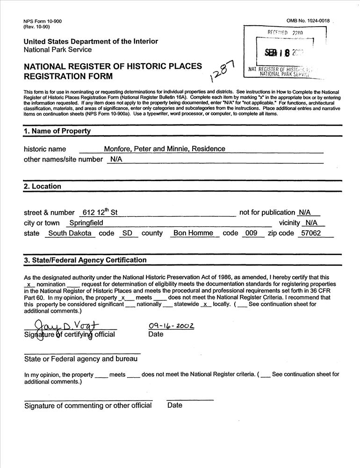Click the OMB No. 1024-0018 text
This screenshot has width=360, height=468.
click(x=308, y=21)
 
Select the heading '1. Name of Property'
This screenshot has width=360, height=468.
click(x=57, y=131)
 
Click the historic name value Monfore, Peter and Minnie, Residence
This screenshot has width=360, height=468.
click(x=164, y=149)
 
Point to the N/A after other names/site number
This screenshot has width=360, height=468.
click(x=116, y=159)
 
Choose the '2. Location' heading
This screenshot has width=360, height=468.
click(x=43, y=186)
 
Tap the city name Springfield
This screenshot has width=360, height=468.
click(x=86, y=223)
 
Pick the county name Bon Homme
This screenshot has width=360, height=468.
click(x=193, y=233)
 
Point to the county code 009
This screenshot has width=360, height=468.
click(x=252, y=233)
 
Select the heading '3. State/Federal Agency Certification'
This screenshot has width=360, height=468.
click(x=85, y=260)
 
